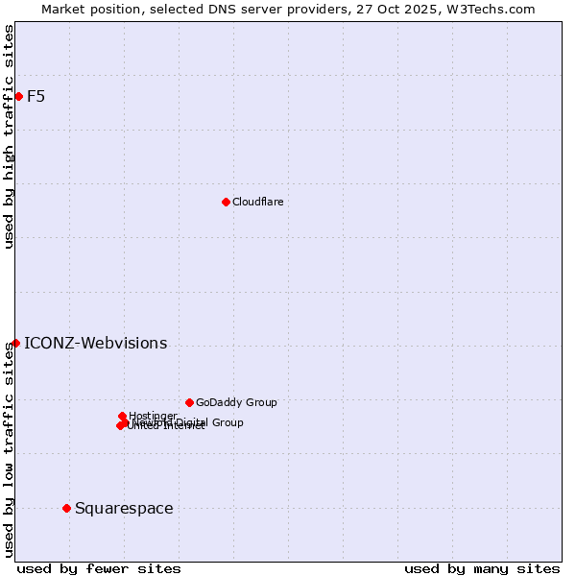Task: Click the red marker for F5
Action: pyautogui.click(x=18, y=96)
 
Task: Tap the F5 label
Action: pyautogui.click(x=36, y=96)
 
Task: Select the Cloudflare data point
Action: pyautogui.click(x=226, y=202)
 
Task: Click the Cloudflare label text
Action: pyautogui.click(x=257, y=202)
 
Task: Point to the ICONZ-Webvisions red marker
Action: pyautogui.click(x=15, y=343)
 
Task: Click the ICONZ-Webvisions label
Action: pyautogui.click(x=95, y=344)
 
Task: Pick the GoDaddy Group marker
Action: pyautogui.click(x=189, y=402)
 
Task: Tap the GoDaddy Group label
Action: pyautogui.click(x=236, y=403)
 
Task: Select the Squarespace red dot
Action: pyautogui.click(x=66, y=508)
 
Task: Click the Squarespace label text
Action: pyautogui.click(x=124, y=509)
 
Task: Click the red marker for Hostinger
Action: pyautogui.click(x=122, y=416)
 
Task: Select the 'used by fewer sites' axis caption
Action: pyautogui.click(x=99, y=568)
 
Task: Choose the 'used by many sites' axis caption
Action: pyautogui.click(x=482, y=568)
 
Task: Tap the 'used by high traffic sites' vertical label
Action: pyautogui.click(x=9, y=136)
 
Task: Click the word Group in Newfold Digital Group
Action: pyautogui.click(x=228, y=422)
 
